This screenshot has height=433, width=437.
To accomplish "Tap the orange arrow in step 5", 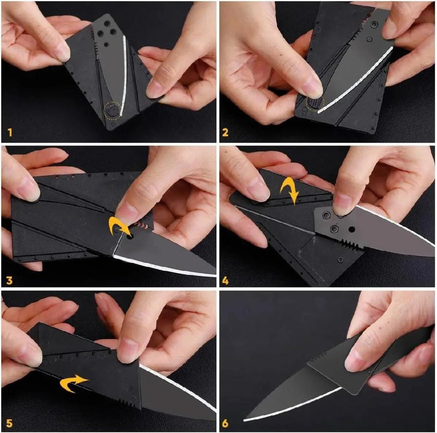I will (74, 383).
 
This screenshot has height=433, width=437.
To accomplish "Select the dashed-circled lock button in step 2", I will (315, 104).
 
